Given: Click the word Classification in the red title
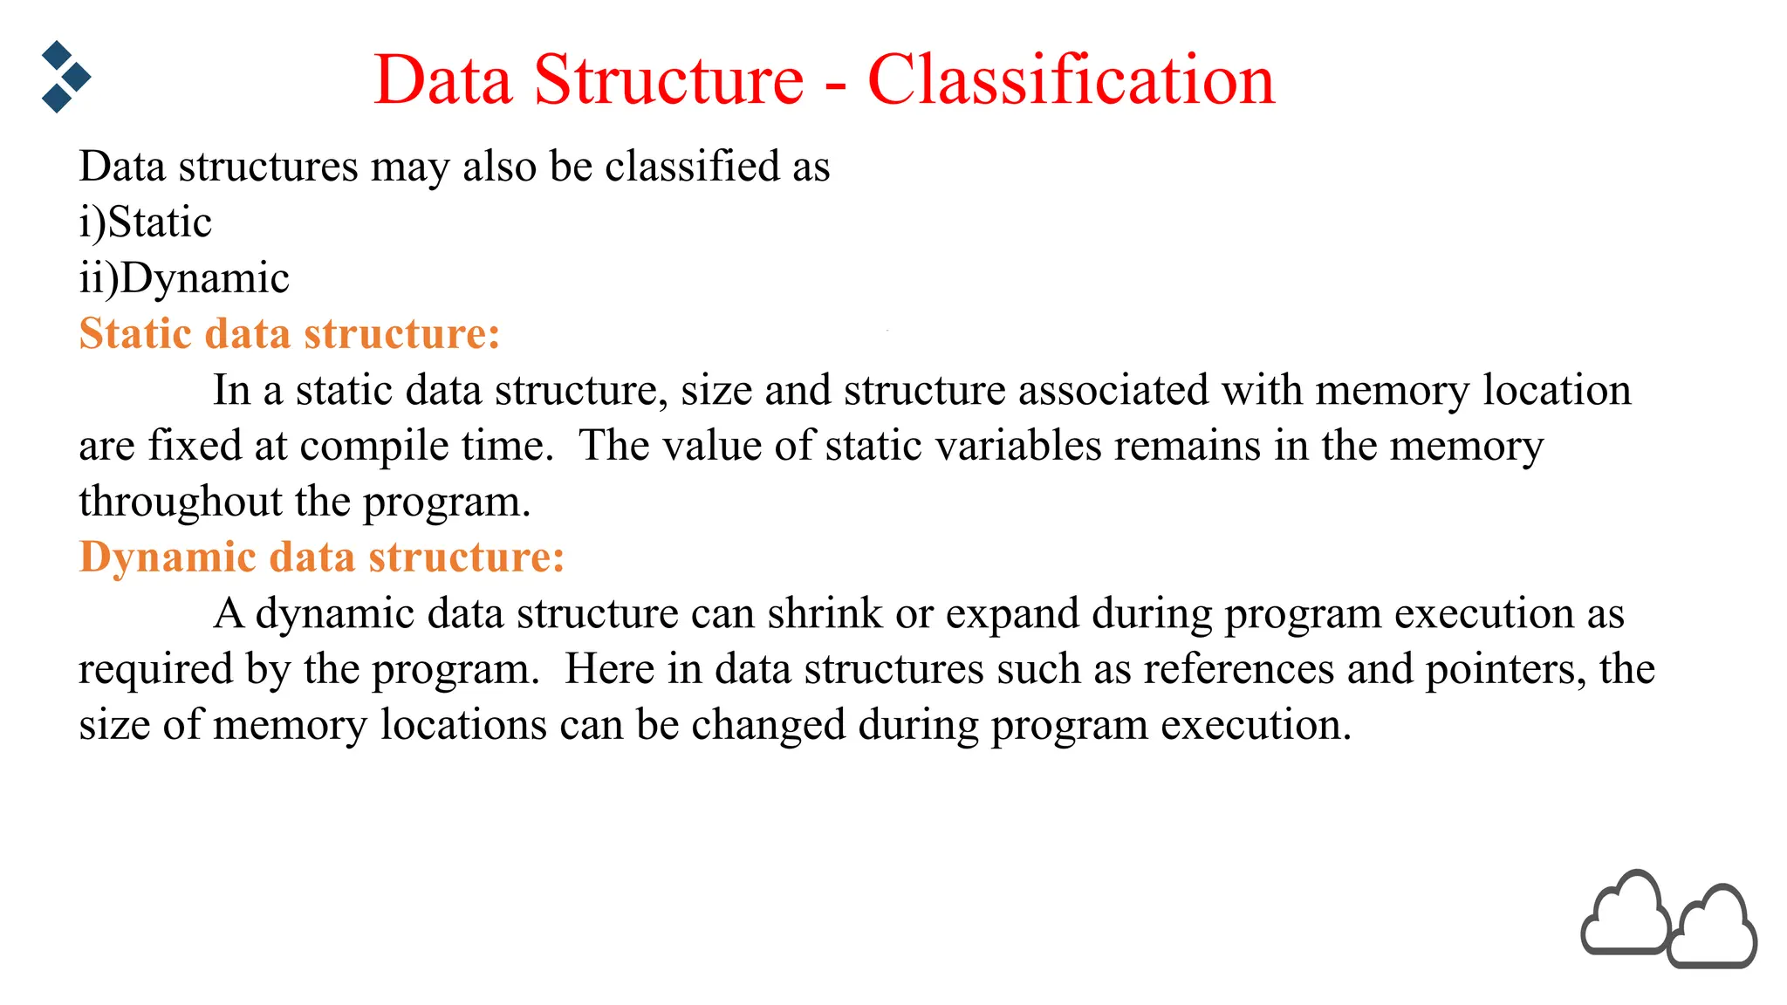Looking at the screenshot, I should (1071, 79).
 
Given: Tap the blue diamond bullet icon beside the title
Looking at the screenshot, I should (65, 77).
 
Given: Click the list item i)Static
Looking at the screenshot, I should (145, 222).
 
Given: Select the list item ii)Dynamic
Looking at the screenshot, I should (183, 278).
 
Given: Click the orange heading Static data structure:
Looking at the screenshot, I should (289, 333).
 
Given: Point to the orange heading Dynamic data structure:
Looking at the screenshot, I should (321, 557).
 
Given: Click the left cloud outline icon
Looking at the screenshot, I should (1625, 914).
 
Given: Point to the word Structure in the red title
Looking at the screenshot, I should (668, 79).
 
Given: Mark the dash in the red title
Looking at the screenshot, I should (835, 85).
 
